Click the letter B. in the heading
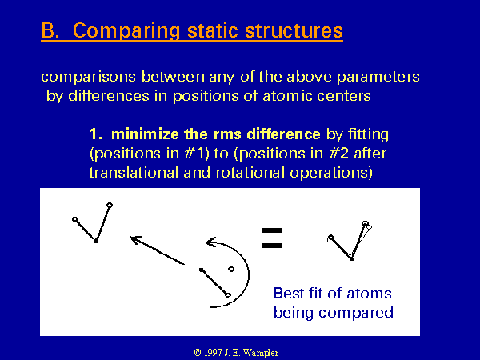click(x=50, y=30)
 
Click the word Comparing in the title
click(x=126, y=31)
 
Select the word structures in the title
click(x=294, y=30)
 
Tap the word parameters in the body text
click(x=378, y=77)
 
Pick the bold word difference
click(x=283, y=134)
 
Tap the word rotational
click(x=250, y=173)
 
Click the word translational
click(x=134, y=173)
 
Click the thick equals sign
click(x=271, y=238)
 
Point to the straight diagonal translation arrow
click(x=157, y=250)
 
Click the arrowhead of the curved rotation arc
click(x=210, y=242)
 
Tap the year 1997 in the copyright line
click(x=213, y=353)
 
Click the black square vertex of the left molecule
click(x=96, y=242)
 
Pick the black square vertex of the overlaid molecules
click(x=351, y=259)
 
